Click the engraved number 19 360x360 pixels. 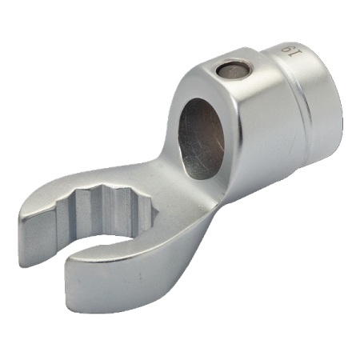(x=292, y=50)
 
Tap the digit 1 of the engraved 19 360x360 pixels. (x=298, y=51)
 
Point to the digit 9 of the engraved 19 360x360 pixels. (x=286, y=49)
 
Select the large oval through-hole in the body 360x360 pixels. (x=201, y=138)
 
